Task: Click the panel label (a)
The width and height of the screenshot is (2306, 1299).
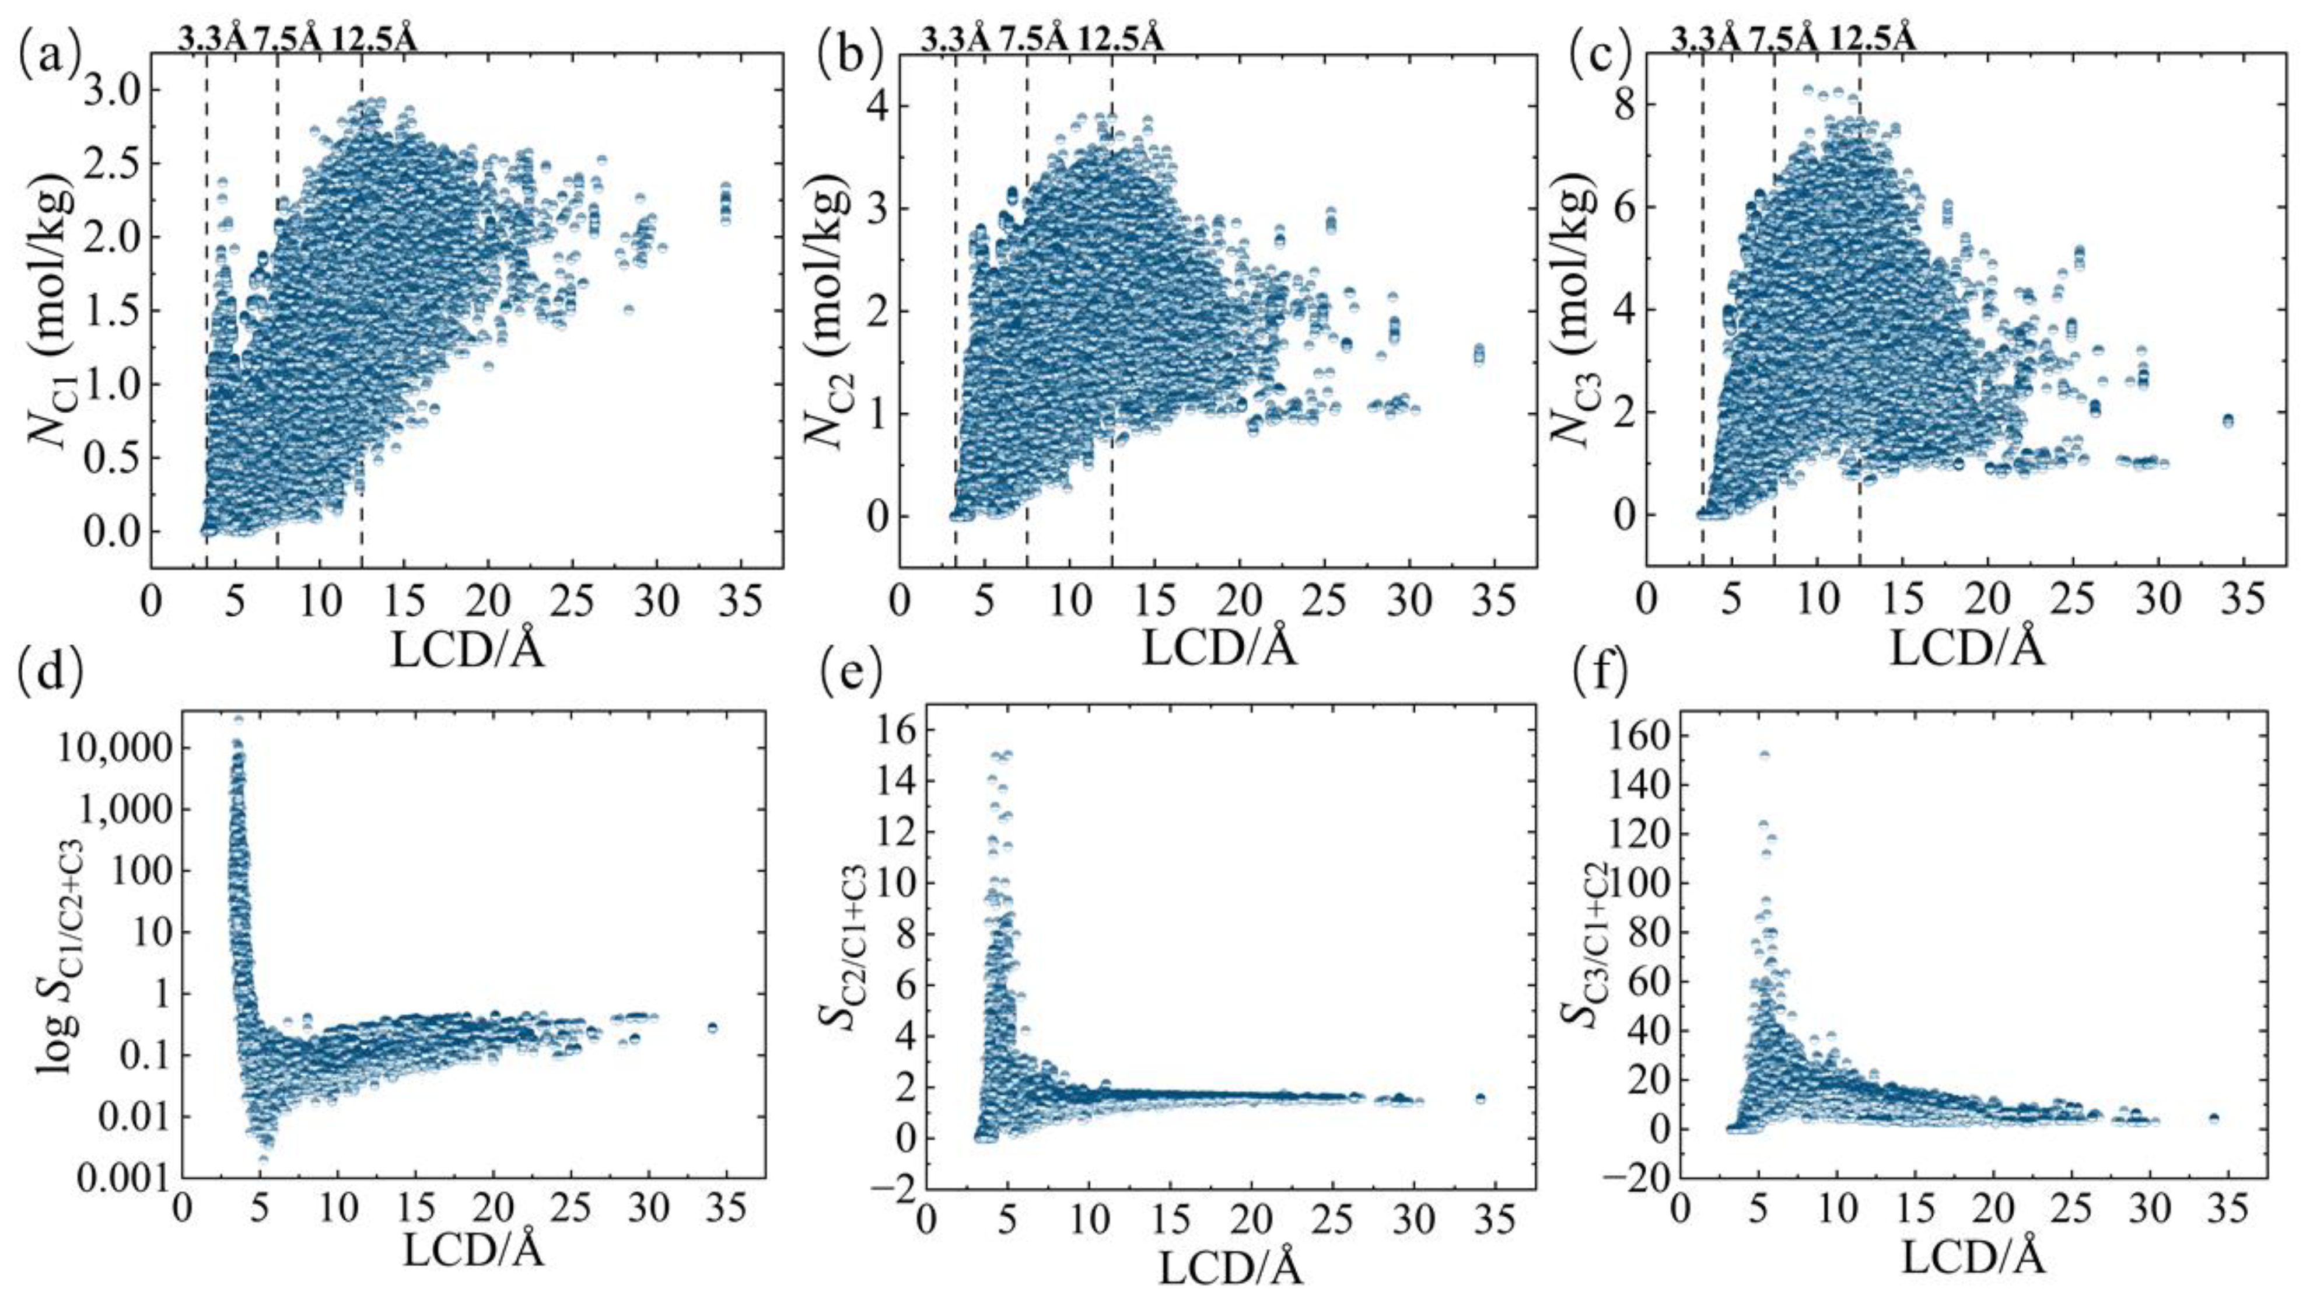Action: tap(48, 55)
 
